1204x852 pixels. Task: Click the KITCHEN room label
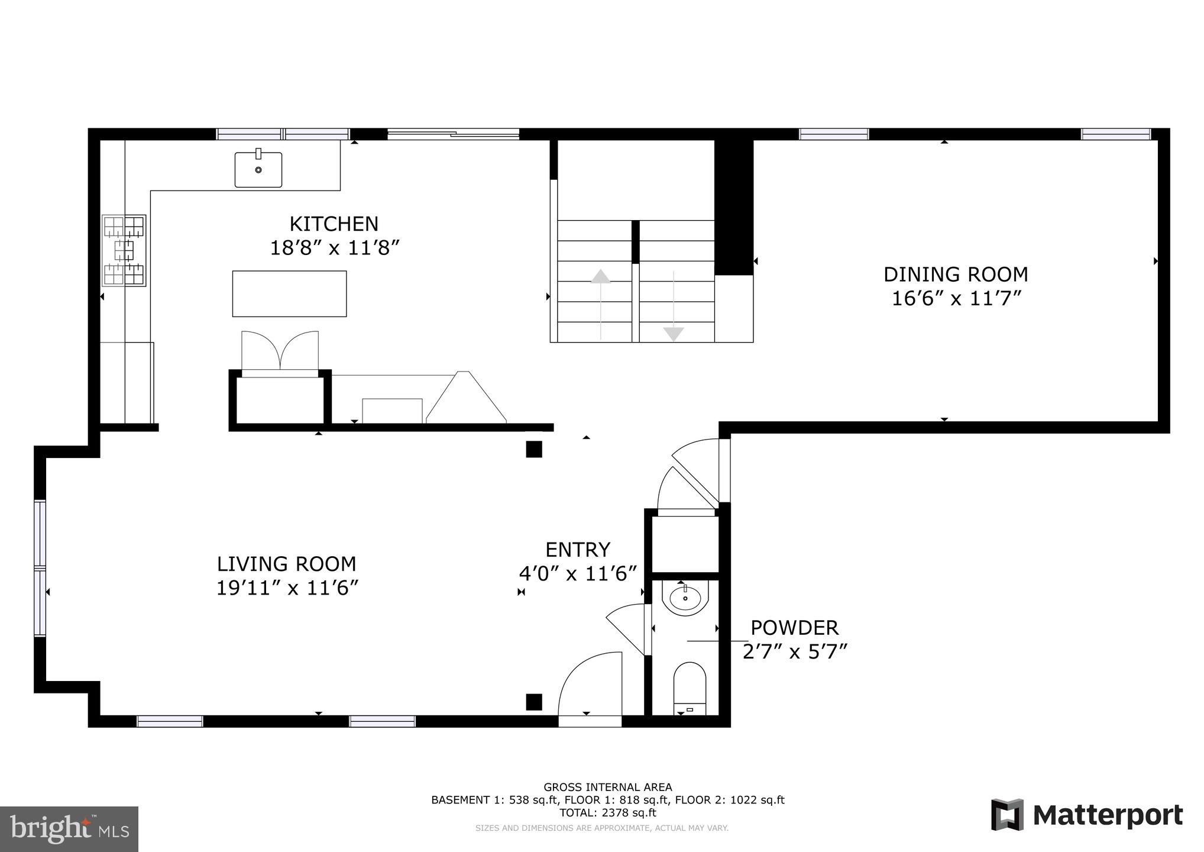[334, 224]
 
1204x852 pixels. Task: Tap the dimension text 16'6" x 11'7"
[956, 298]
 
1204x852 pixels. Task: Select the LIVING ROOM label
[286, 563]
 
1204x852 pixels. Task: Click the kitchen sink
[258, 169]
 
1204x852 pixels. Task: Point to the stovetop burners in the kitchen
[124, 251]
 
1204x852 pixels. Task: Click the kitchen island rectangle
[289, 293]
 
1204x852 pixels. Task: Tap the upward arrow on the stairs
[601, 277]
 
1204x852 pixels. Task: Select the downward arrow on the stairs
[673, 334]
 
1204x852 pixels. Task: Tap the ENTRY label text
[578, 550]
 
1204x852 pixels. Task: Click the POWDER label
[794, 627]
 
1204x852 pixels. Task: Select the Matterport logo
[1087, 815]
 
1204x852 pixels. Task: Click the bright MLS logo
[69, 828]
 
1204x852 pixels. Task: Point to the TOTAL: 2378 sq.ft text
[607, 812]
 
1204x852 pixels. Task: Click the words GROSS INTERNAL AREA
[607, 787]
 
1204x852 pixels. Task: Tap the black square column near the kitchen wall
[534, 449]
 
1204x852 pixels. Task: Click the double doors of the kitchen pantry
[280, 351]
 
